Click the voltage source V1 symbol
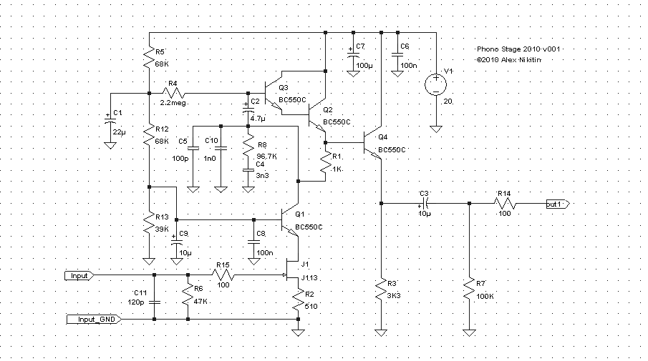coord(435,84)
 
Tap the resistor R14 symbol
coord(505,204)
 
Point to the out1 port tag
coord(556,204)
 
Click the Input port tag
coord(79,275)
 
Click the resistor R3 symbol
coord(381,290)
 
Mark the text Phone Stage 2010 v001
coord(518,49)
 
